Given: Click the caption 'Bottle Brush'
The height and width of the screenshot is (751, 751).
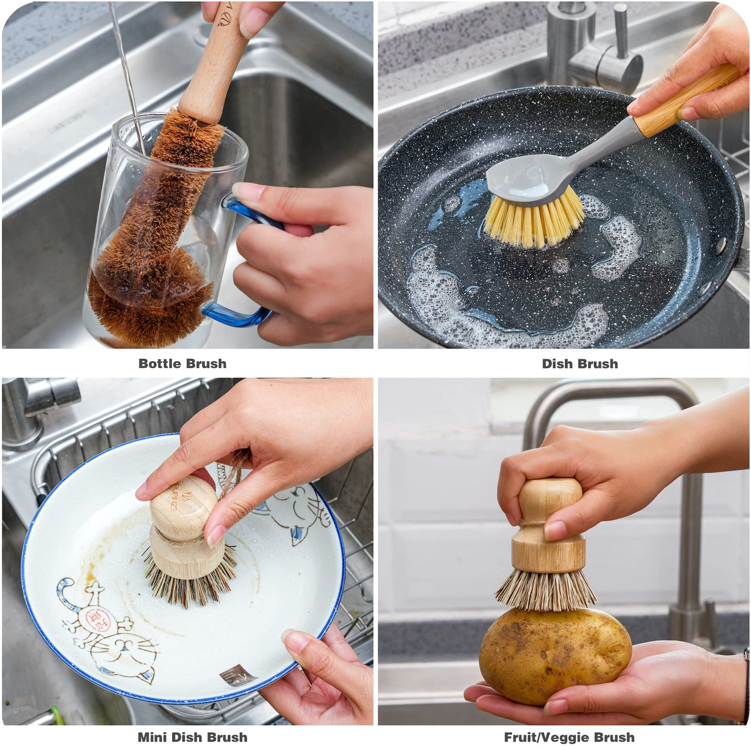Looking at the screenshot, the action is pos(182,364).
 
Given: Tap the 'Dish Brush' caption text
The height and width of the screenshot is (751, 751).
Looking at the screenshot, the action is pos(580,364).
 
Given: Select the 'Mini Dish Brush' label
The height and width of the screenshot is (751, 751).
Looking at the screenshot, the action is pos(193,737).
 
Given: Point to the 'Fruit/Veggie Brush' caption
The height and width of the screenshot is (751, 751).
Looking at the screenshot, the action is pos(570,737).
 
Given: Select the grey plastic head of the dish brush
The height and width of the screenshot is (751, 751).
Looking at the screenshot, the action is pos(534,177).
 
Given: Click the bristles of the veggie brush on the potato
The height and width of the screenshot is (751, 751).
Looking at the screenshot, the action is pos(546,590).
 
